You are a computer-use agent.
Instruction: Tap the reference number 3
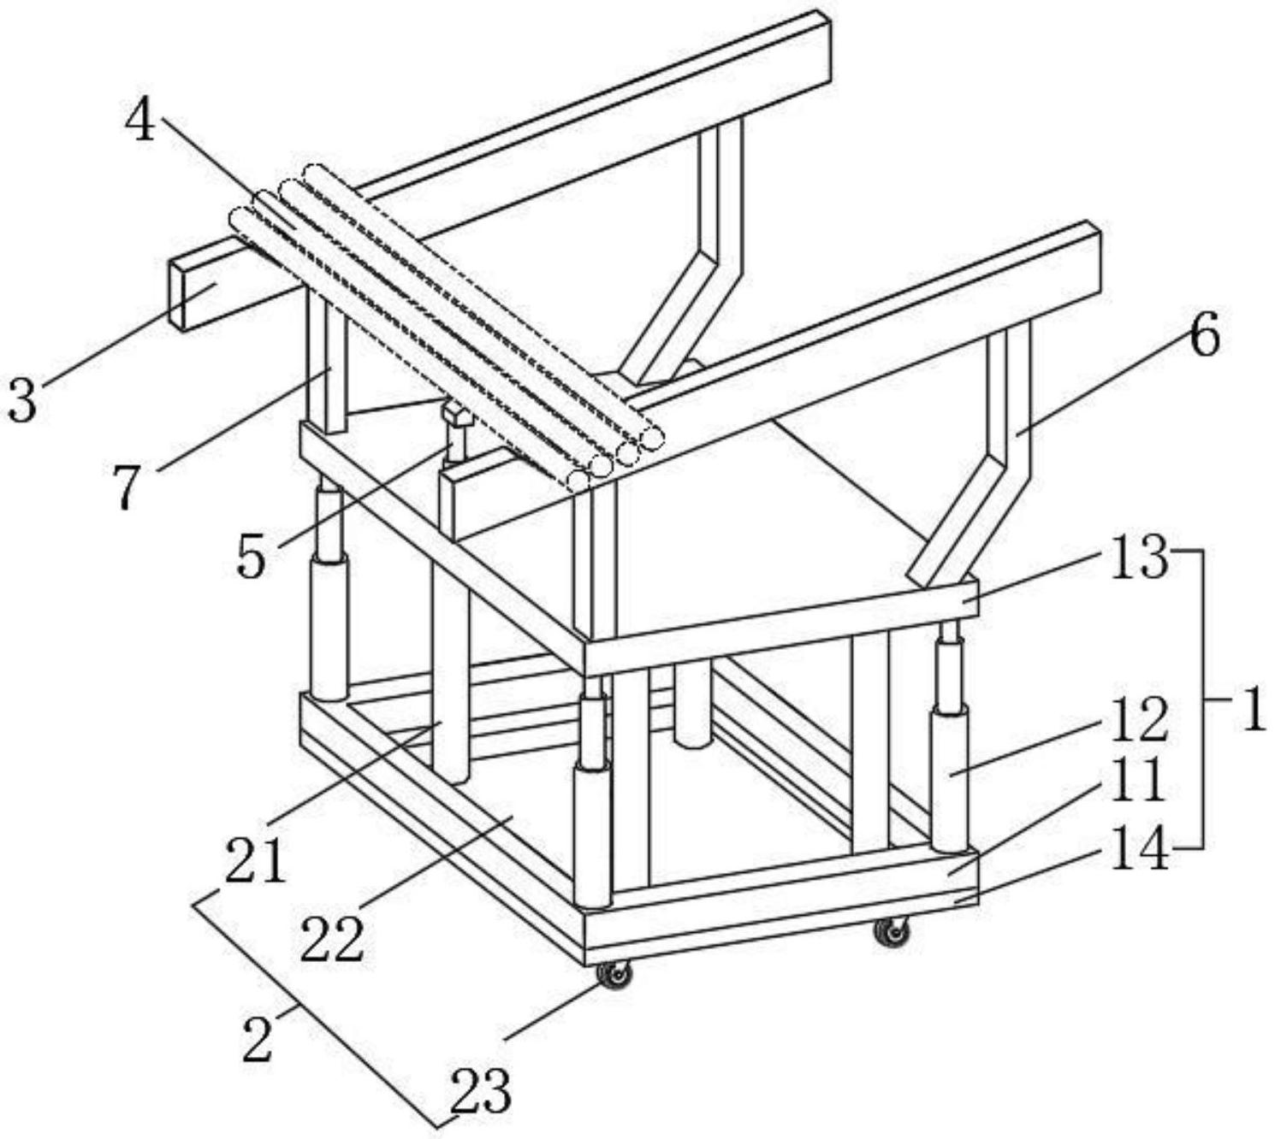pos(23,399)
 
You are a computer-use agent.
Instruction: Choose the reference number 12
pos(1139,720)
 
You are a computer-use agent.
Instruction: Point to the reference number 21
pos(254,862)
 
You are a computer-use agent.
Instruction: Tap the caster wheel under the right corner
pos(892,931)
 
